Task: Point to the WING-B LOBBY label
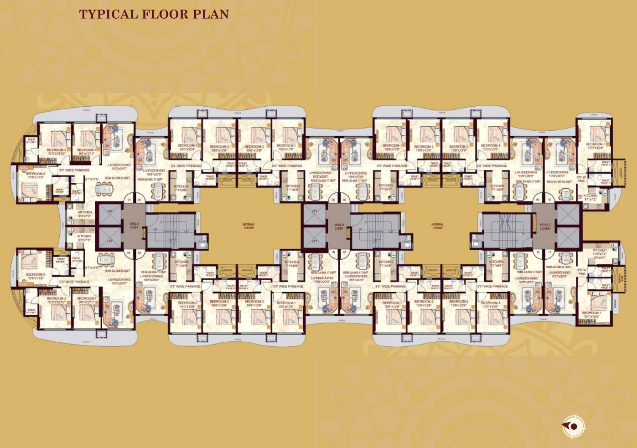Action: pos(339,226)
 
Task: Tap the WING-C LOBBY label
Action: pos(545,226)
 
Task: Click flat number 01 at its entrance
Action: pos(129,200)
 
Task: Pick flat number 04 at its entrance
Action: pos(129,252)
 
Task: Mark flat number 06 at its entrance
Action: pos(345,200)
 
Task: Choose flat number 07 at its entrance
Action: pos(345,252)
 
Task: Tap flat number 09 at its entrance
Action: pos(538,200)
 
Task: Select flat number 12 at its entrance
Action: pos(538,252)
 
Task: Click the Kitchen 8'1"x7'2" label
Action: pos(590,197)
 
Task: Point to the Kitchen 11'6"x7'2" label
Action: pos(600,254)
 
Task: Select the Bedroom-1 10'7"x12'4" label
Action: pos(595,146)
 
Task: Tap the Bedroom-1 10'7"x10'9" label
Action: pos(591,314)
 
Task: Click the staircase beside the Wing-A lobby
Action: pos(164,226)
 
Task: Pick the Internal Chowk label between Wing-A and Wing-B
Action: pos(249,226)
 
